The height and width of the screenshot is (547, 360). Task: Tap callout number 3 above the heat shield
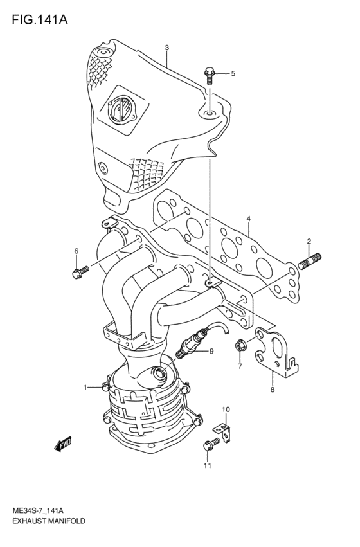166,48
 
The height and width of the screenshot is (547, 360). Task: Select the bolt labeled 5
209,75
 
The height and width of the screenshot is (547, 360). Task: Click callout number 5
233,73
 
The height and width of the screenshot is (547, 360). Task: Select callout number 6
76,251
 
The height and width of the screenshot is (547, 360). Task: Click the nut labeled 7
240,346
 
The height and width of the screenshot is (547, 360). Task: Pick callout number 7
240,366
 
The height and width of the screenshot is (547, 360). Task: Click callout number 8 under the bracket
272,390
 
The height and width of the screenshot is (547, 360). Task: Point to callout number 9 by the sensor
210,350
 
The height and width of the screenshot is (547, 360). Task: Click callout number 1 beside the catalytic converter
84,388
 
